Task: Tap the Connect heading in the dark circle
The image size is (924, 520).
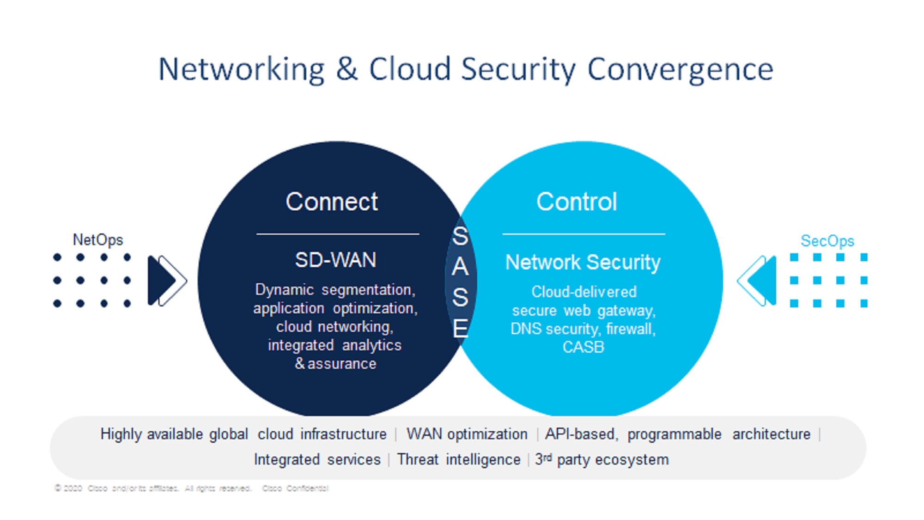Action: pos(332,202)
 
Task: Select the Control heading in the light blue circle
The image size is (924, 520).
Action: pos(577,202)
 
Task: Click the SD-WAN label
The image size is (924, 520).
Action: pos(335,260)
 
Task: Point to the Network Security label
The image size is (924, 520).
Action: pos(583,263)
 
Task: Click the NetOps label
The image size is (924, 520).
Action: pos(98,240)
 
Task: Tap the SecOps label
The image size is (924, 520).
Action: pos(827,241)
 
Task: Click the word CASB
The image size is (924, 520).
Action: pos(583,347)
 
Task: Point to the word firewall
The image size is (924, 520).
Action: pos(631,329)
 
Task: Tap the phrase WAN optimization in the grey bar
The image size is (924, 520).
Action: pos(467,434)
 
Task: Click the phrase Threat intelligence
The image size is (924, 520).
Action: pos(458,459)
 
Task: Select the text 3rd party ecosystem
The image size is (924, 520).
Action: pos(602,459)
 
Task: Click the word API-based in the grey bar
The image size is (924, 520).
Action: pos(580,434)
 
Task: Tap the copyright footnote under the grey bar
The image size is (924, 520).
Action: pos(191,488)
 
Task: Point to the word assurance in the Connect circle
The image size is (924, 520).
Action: pos(342,364)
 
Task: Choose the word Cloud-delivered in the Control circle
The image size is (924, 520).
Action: pos(584,292)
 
